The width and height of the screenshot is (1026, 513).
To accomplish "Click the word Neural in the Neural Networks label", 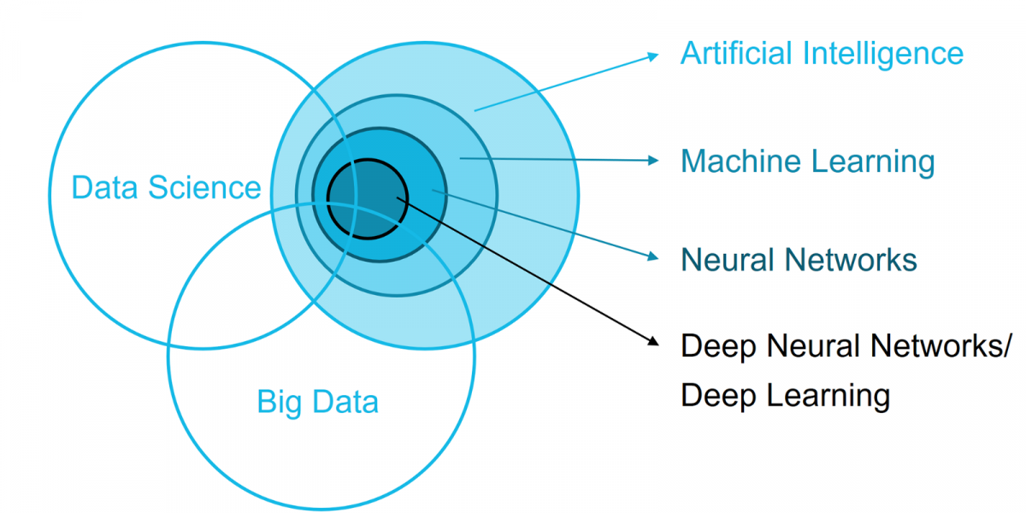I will (726, 260).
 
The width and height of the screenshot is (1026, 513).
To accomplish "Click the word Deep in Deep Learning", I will (717, 396).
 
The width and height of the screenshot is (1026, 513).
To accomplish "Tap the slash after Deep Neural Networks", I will (1005, 347).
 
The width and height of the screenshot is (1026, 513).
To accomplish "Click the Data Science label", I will (166, 187).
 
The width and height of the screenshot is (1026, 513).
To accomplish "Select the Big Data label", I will (317, 402).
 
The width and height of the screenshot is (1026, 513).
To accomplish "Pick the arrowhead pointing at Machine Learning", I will (654, 160).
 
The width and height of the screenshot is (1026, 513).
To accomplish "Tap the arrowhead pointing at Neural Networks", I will (654, 256).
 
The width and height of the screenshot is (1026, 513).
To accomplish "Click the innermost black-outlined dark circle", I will (359, 214).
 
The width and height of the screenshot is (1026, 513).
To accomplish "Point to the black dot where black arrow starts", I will (399, 199).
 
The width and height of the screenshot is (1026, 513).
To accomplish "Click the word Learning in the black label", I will (830, 396).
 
